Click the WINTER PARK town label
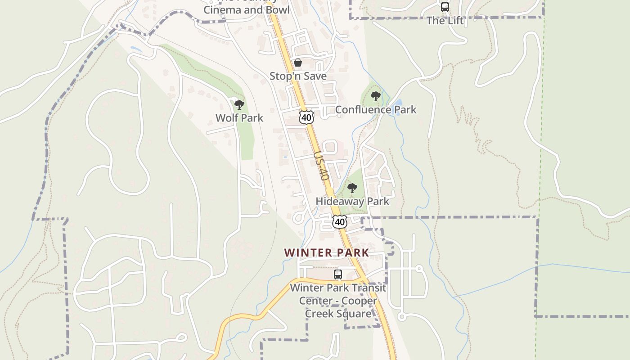coord(326,253)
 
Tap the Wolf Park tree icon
coord(239,105)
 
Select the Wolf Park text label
coord(239,118)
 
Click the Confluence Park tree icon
coord(375,96)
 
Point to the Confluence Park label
coord(376,110)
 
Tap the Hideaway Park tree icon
coord(352,188)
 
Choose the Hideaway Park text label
coord(352,201)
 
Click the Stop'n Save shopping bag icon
coord(298,63)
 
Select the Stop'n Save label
coord(298,76)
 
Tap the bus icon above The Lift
coord(445,7)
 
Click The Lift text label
coord(445,21)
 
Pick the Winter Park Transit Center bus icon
coord(338,274)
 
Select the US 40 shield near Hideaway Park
coord(340,222)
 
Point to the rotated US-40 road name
coord(321,166)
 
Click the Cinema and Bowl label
coord(246,9)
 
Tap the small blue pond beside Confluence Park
coord(397,108)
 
